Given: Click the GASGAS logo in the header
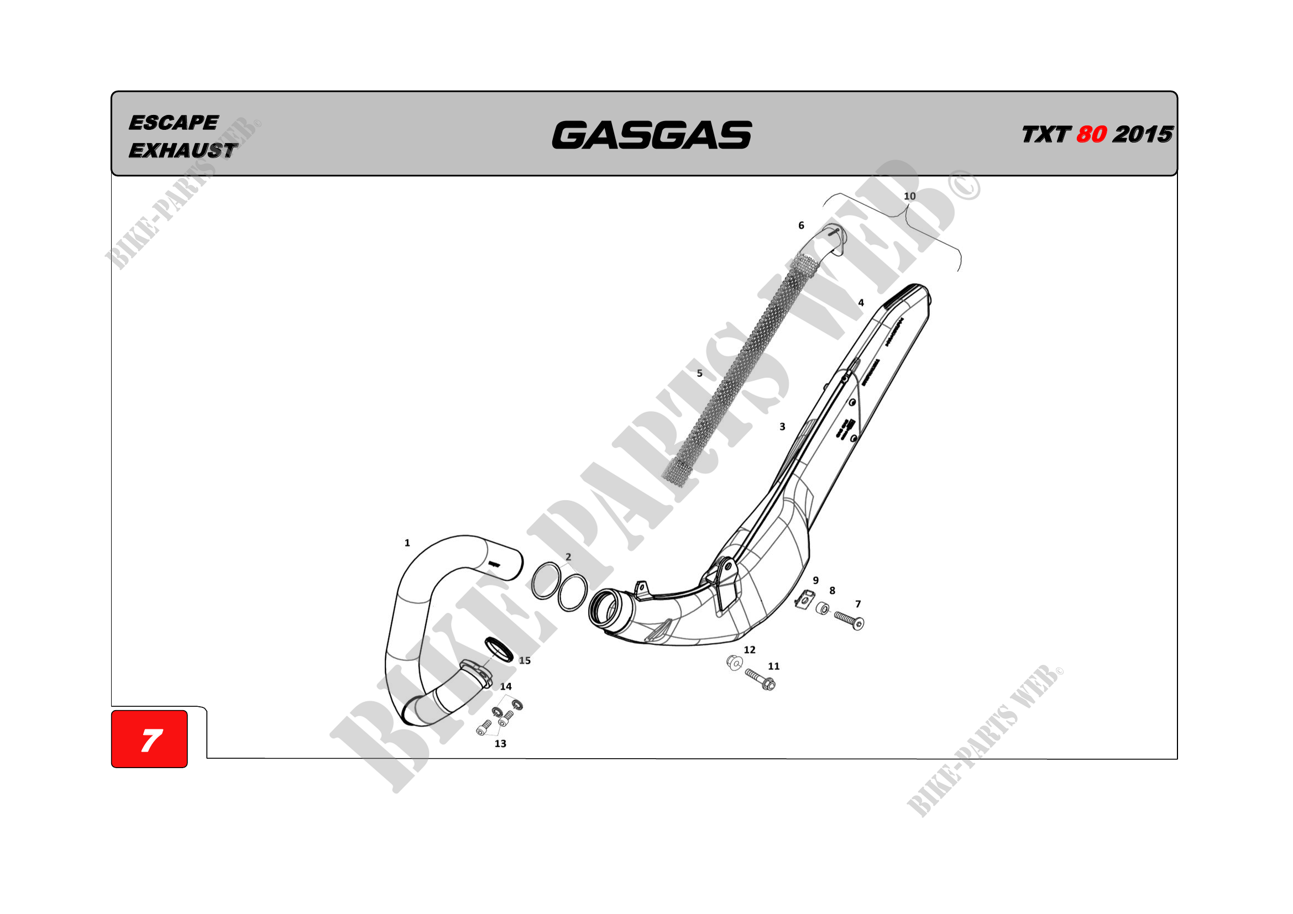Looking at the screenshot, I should pos(652,135).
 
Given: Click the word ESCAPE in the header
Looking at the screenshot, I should pos(173,123).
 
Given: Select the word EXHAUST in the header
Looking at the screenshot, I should pos(183,150).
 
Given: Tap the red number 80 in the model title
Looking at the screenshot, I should pos(1091,134).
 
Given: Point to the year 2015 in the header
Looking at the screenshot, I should pos(1143,134).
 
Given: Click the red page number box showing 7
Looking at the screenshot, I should pos(149,739).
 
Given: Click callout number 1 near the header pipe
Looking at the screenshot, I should pos(407,543).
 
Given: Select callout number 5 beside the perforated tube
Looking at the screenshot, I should pos(699,373).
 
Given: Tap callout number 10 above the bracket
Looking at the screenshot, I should pos(909,196).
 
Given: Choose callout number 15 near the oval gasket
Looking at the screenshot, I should pos(525,661).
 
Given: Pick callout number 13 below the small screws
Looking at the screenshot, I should pos(500,744).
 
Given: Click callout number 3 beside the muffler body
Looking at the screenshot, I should pos(782,427).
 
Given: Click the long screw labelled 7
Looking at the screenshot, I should pos(849,620).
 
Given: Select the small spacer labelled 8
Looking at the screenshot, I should pos(822,608).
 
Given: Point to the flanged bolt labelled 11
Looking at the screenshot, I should pos(761,679).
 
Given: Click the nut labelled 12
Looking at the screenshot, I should pos(734,663).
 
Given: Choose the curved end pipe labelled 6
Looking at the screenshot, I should pos(825,243).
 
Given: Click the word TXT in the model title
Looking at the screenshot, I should pos(1045,135).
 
